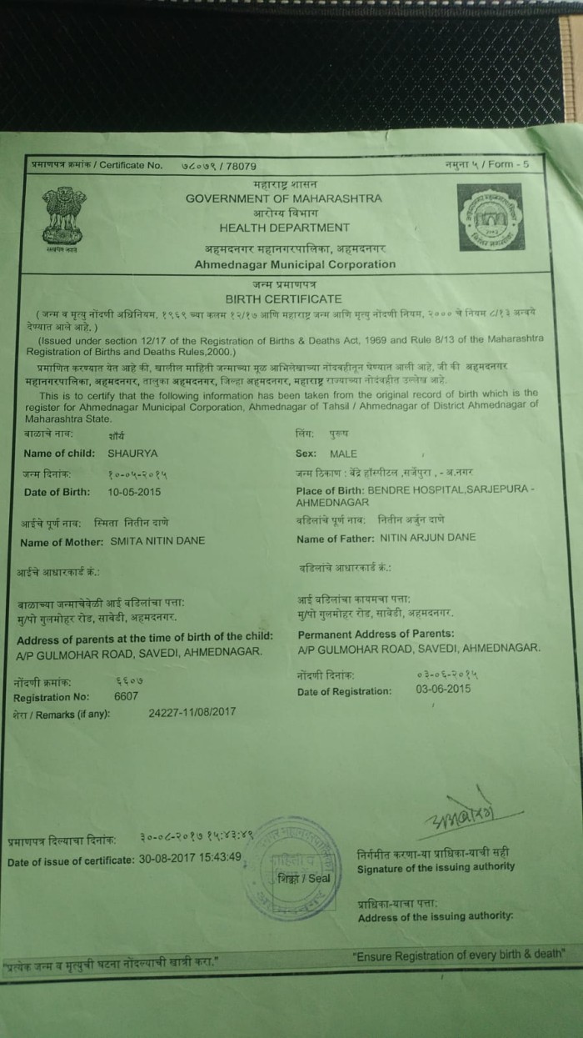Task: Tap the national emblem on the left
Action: pyautogui.click(x=64, y=218)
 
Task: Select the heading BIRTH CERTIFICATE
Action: pyautogui.click(x=284, y=298)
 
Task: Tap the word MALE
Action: pyautogui.click(x=343, y=454)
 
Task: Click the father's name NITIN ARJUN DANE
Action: pyautogui.click(x=427, y=538)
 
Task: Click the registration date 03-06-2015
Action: pyautogui.click(x=443, y=689)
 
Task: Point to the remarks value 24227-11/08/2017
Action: pyautogui.click(x=192, y=713)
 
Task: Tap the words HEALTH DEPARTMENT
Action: pyautogui.click(x=284, y=228)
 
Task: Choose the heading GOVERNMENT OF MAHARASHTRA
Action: pyautogui.click(x=284, y=198)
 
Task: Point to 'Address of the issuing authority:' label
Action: pyautogui.click(x=436, y=917)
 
